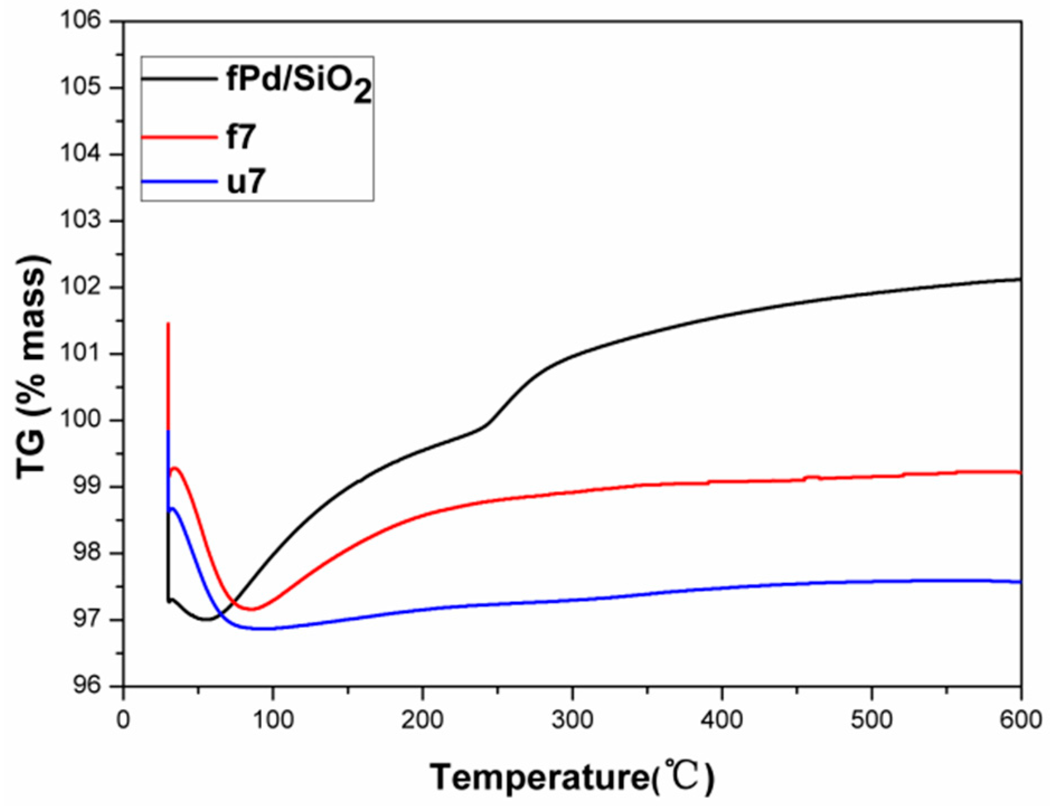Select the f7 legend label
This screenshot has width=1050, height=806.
(241, 138)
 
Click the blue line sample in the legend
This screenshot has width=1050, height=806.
(179, 181)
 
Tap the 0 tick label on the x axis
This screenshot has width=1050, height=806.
(123, 719)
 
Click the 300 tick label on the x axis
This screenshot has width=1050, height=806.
(572, 719)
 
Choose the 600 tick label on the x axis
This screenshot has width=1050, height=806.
(1020, 719)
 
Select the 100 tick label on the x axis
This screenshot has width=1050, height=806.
(272, 719)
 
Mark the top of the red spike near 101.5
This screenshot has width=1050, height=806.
(168, 324)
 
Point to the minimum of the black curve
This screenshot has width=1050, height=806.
(206, 619)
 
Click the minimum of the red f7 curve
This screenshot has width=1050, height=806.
(251, 609)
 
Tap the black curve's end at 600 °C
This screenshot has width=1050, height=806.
(1020, 279)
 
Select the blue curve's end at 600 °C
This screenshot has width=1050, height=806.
(1020, 582)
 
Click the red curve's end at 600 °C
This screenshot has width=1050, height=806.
(1020, 472)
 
